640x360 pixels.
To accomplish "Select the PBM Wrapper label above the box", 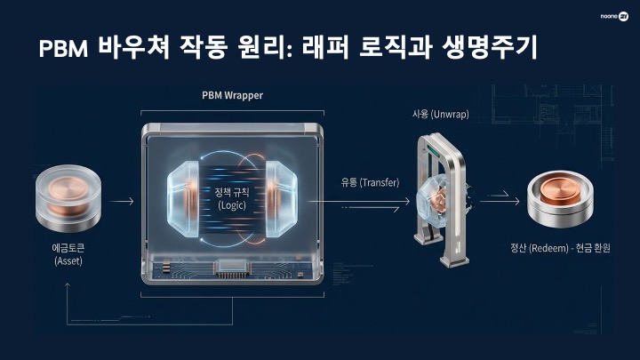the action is [233, 95].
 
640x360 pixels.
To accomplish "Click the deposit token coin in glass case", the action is [68, 198].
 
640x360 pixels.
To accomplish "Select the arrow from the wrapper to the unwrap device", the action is [353, 203].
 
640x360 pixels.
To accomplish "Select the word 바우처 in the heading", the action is [134, 50].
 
